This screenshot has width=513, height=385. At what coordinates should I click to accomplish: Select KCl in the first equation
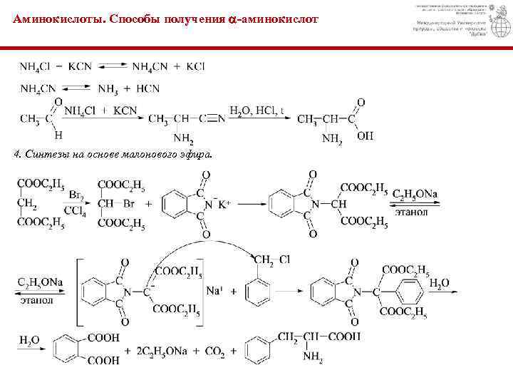click(x=195, y=66)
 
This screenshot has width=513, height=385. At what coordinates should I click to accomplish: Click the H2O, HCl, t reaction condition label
click(x=256, y=111)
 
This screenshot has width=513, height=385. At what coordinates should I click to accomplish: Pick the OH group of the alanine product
click(x=365, y=135)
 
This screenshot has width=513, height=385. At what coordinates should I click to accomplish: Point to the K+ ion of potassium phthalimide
click(x=224, y=205)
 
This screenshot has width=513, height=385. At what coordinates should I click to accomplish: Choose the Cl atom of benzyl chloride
click(x=284, y=259)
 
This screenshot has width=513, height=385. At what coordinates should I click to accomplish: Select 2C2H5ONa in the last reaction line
click(x=160, y=351)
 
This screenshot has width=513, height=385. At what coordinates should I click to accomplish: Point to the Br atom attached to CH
click(x=129, y=204)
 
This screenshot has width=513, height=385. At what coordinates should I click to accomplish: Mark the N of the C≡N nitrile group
click(x=222, y=118)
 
